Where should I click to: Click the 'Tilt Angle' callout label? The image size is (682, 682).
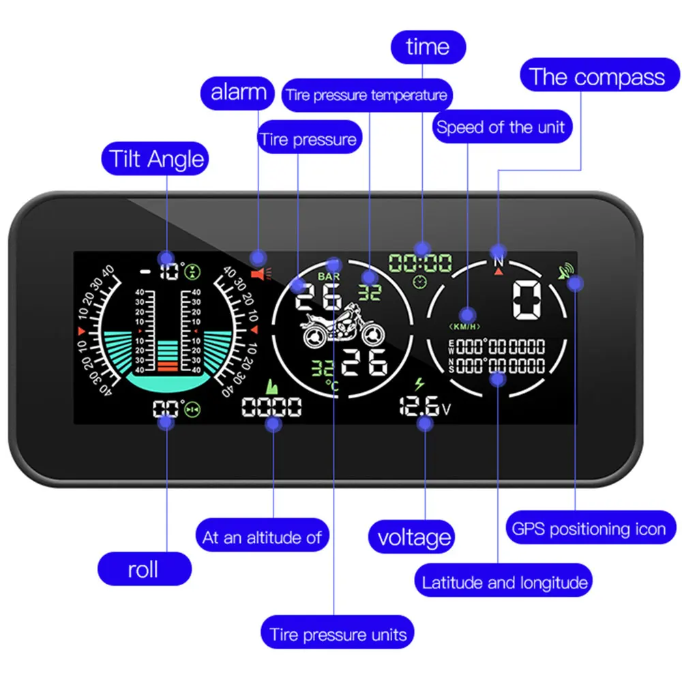[156, 160]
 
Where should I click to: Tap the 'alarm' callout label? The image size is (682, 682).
[238, 91]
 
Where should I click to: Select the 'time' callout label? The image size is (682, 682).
[428, 47]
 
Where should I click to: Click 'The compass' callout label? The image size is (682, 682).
[597, 76]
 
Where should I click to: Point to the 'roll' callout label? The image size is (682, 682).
[143, 569]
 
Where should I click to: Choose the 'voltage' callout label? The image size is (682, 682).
[414, 537]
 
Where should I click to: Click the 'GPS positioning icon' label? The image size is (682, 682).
[589, 529]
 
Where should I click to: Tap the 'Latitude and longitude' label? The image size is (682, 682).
[504, 582]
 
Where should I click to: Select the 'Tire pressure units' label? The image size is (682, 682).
[338, 634]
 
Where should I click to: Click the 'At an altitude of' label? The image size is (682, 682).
[262, 537]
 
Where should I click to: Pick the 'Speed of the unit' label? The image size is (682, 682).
[501, 127]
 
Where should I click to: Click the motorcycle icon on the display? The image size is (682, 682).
[342, 327]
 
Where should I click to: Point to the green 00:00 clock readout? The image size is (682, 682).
[420, 263]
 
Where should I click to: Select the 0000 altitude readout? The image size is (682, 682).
[272, 408]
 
